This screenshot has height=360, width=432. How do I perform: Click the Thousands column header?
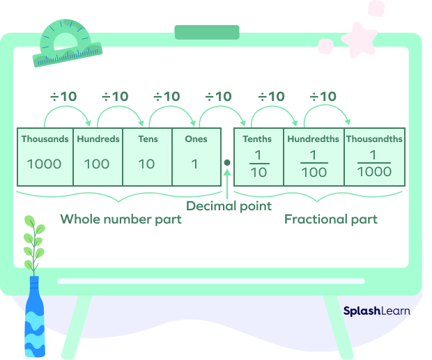(45, 139)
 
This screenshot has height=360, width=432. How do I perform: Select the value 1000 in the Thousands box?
(45, 164)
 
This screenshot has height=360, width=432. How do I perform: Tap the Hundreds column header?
(98, 139)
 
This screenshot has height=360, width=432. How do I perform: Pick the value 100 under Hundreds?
(97, 164)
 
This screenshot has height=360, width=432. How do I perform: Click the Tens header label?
(147, 139)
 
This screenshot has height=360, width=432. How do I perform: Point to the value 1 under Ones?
(196, 164)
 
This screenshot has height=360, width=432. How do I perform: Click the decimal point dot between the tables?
(227, 163)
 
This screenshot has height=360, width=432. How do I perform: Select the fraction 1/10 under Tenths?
(258, 164)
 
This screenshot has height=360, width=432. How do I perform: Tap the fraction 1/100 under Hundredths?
(314, 164)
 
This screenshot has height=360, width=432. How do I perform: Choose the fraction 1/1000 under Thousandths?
(374, 164)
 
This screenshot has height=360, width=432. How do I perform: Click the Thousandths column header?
(374, 139)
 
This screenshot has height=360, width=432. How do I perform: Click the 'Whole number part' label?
(121, 219)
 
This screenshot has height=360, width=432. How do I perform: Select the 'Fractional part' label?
(331, 219)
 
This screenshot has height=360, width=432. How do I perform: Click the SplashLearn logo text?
(376, 311)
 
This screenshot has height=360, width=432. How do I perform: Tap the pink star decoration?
(357, 40)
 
